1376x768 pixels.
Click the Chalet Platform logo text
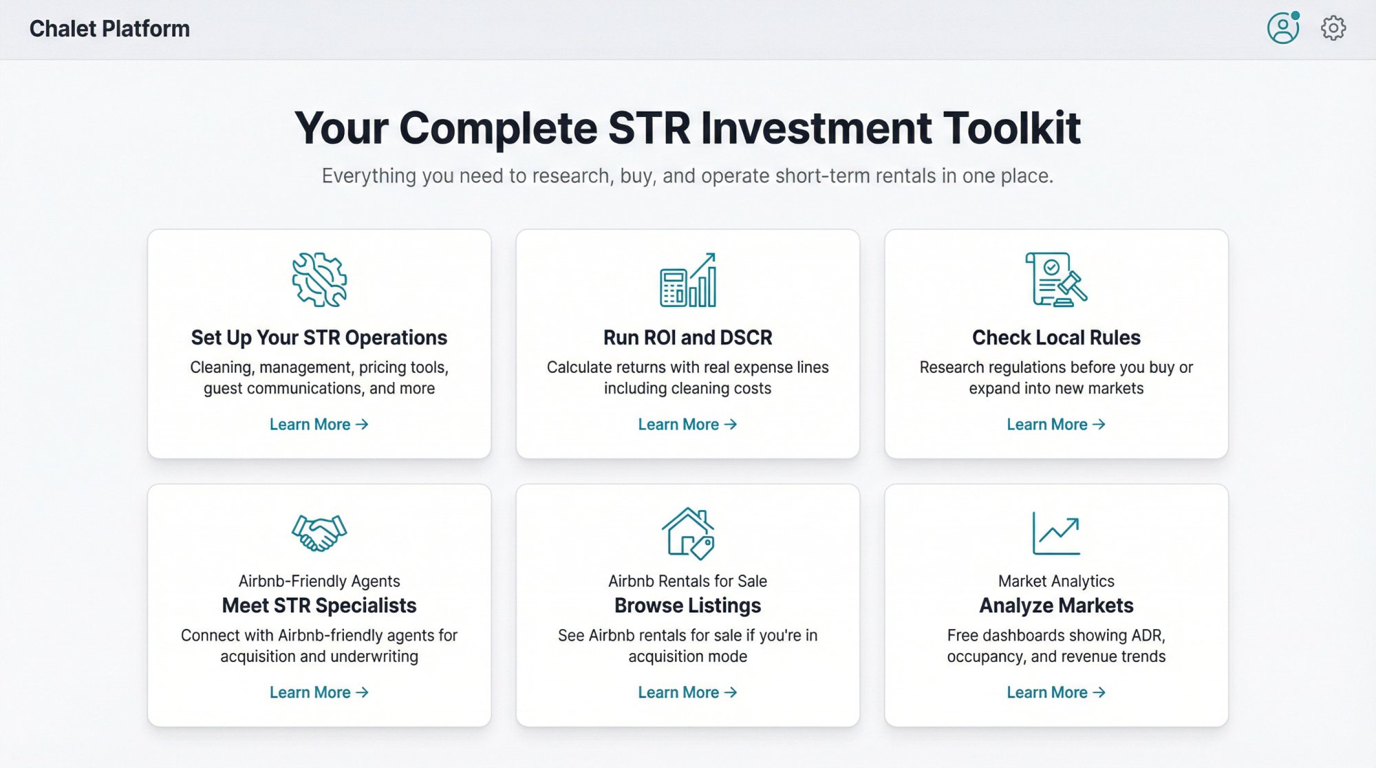pos(109,29)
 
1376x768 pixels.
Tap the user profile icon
pos(1282,29)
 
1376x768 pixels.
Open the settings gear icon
pos(1333,28)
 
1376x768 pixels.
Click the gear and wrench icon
pos(319,279)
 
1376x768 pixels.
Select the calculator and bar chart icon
pos(688,280)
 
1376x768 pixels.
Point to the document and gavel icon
pos(1055,279)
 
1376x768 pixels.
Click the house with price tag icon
pos(688,533)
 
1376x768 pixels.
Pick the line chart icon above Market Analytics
pos(1056,533)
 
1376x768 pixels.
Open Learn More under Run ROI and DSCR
pos(687,425)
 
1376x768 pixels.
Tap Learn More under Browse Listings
pos(687,692)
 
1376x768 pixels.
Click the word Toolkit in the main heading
pos(1011,128)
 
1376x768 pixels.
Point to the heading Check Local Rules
pos(1056,338)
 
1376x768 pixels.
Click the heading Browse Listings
pos(687,606)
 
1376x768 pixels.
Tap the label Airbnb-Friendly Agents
pos(319,581)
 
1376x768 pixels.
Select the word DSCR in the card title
pos(746,338)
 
